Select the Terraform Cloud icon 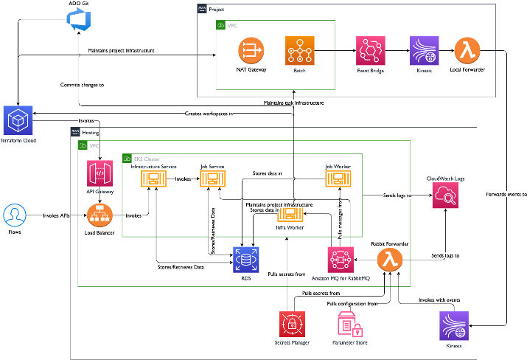(x=18, y=120)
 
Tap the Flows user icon (x=14, y=215)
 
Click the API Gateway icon (x=100, y=176)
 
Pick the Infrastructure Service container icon (x=154, y=179)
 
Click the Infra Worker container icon (x=290, y=215)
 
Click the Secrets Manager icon (x=292, y=325)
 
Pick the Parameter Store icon (x=349, y=325)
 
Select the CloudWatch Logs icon (x=447, y=196)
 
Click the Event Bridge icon (x=371, y=51)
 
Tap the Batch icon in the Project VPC (x=300, y=51)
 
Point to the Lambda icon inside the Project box (x=467, y=51)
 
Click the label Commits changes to (x=82, y=86)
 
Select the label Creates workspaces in (x=209, y=114)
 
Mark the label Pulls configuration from (x=352, y=303)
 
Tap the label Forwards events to (x=506, y=195)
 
